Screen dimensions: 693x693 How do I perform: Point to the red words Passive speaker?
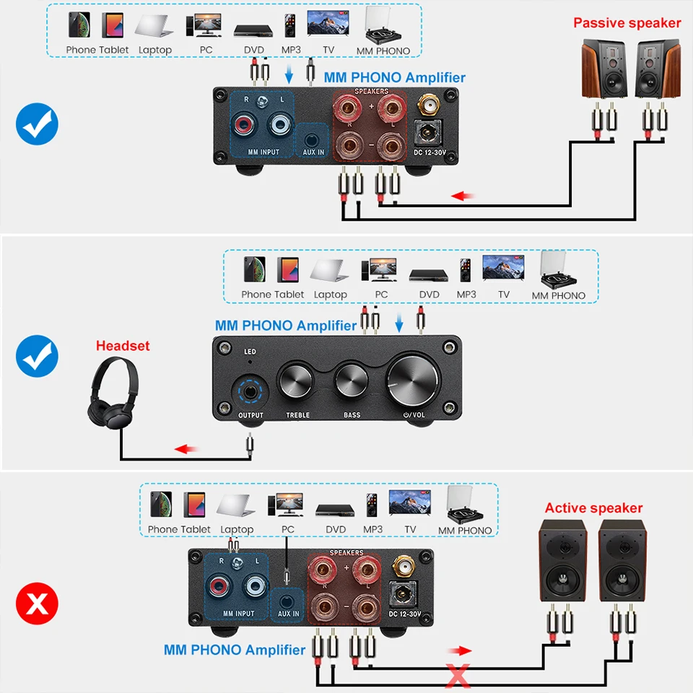[627, 23]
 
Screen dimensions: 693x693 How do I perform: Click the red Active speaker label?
[593, 508]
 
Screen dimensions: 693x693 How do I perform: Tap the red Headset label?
[123, 346]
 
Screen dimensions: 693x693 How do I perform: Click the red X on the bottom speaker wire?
[456, 675]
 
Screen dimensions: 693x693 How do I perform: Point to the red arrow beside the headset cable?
[186, 449]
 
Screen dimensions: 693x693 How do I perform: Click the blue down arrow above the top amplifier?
[289, 74]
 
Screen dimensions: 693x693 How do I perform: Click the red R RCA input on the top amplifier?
[244, 126]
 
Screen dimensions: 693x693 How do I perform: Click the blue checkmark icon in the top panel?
[37, 124]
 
